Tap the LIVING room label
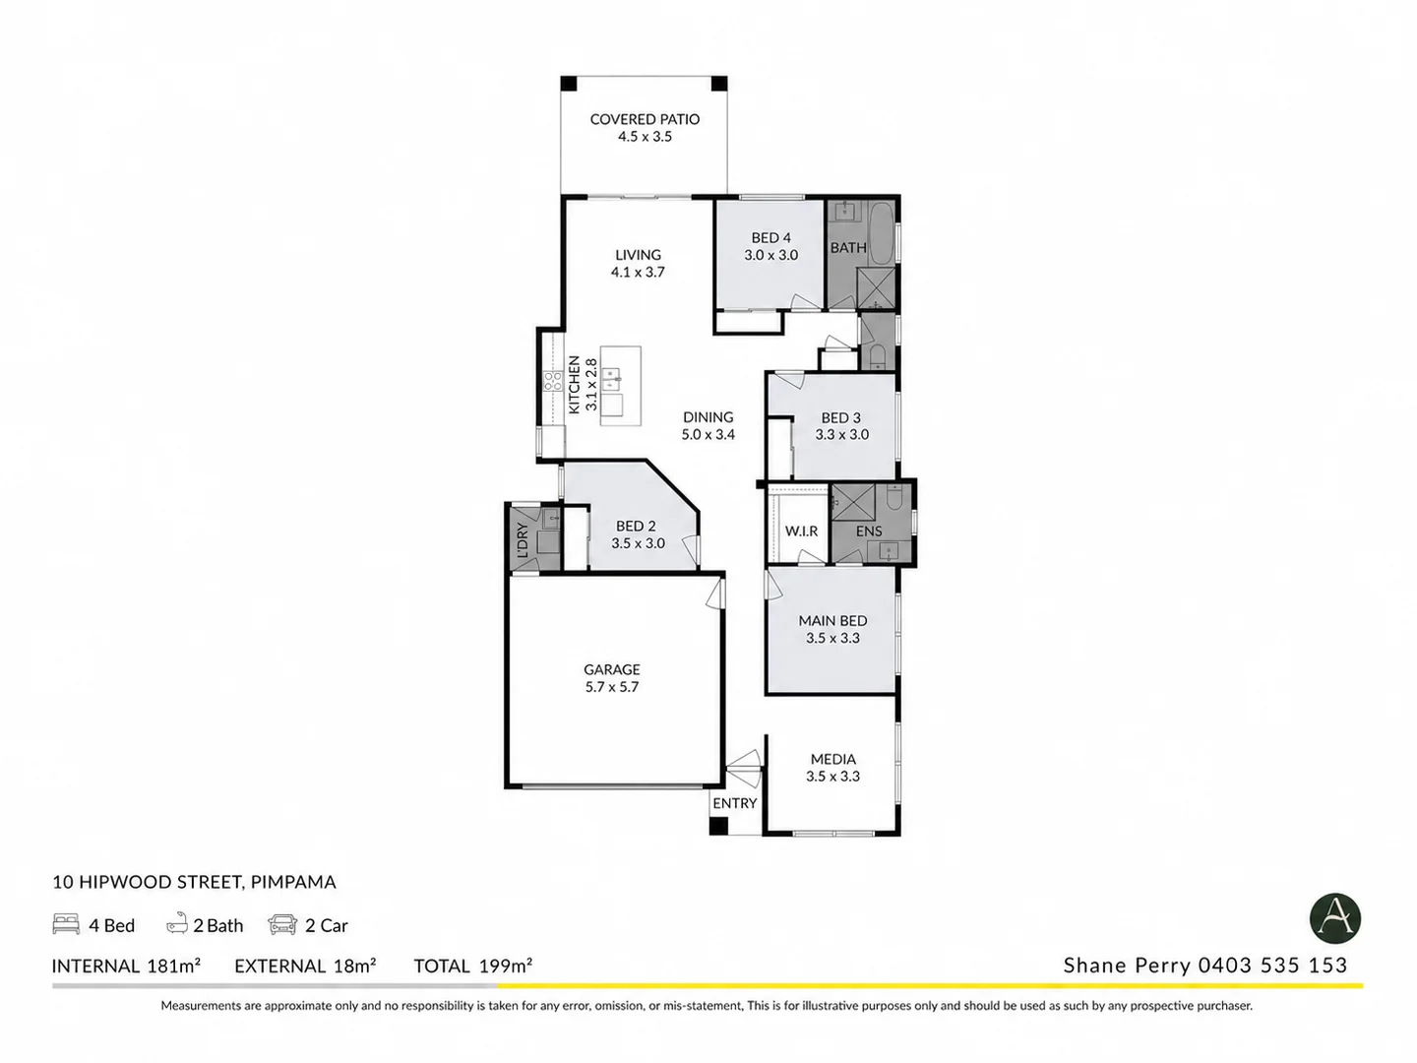click(x=638, y=254)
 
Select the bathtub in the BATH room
click(x=881, y=233)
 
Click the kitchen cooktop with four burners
click(x=553, y=380)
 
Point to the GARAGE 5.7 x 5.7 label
click(x=612, y=678)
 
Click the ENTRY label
click(x=735, y=803)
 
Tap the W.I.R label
click(x=801, y=531)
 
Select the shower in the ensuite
click(x=853, y=502)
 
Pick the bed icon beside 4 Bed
click(x=66, y=923)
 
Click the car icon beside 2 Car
click(x=282, y=924)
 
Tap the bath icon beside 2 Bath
click(x=177, y=924)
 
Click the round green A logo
click(x=1334, y=918)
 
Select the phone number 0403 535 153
click(x=1272, y=965)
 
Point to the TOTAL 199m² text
click(x=472, y=966)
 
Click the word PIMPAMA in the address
click(x=293, y=882)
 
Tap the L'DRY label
click(x=523, y=539)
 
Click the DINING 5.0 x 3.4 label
click(x=708, y=425)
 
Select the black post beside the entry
click(x=718, y=826)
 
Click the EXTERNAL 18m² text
click(x=305, y=966)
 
